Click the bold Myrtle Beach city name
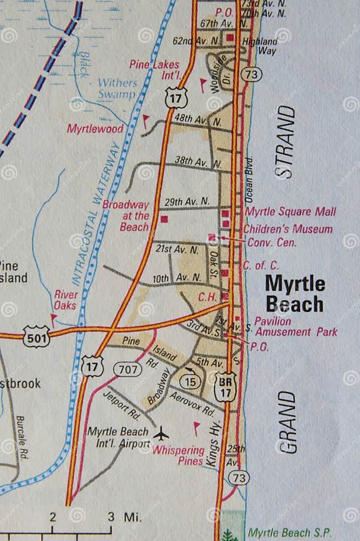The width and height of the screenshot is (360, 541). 295,293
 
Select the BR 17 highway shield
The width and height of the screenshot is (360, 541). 226,386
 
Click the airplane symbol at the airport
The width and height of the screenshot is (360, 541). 162,432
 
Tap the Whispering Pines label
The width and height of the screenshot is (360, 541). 178,455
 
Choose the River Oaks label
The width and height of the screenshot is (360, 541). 66,300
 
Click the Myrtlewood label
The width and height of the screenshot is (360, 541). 95,128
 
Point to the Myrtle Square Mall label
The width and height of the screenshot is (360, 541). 290,211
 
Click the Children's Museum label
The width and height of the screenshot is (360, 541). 287,229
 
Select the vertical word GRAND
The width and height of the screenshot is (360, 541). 287,422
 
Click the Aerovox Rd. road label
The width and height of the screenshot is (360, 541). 191,405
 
